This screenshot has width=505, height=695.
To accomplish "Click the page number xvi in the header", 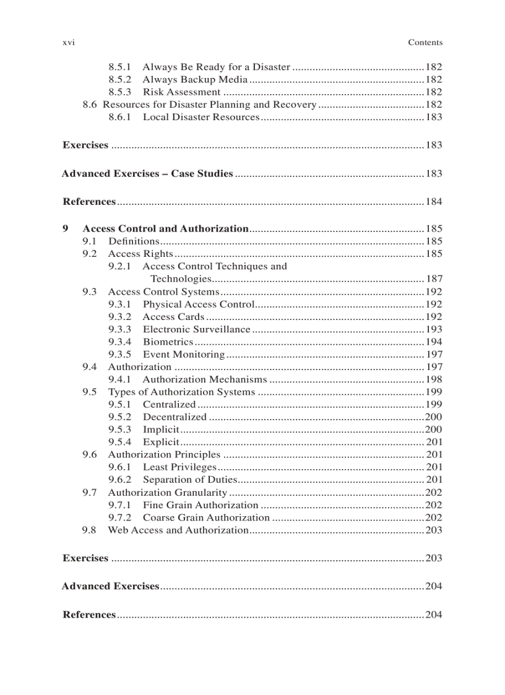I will [x=68, y=43].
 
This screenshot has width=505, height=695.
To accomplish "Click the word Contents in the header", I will [x=425, y=43].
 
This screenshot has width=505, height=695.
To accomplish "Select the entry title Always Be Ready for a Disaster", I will [x=216, y=67].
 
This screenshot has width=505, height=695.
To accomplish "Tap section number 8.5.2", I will [x=119, y=79].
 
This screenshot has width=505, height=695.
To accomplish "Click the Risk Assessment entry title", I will [x=181, y=92].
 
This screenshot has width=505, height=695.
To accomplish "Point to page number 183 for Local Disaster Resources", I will [x=433, y=117].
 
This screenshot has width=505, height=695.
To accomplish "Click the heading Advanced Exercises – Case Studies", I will [x=147, y=173].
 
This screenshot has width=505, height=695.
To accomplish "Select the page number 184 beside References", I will [x=433, y=202].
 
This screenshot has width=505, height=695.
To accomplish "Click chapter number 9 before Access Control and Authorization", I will [x=66, y=228].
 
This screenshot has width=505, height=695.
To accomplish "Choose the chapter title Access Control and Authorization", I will [x=165, y=228].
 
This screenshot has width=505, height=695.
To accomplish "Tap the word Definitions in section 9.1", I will [x=134, y=241].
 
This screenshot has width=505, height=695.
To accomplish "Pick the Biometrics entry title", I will [x=168, y=342].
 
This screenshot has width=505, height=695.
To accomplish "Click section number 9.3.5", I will [x=119, y=355].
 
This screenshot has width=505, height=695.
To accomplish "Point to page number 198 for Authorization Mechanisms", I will [x=433, y=379].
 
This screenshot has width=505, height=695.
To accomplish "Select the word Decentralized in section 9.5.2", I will [x=175, y=417].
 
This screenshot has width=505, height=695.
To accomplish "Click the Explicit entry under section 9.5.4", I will [x=161, y=442].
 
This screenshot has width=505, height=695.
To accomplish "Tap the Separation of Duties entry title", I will [x=190, y=480].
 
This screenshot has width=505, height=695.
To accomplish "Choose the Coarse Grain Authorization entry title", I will [x=207, y=517].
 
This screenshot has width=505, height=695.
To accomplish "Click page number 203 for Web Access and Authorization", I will [x=433, y=530].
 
